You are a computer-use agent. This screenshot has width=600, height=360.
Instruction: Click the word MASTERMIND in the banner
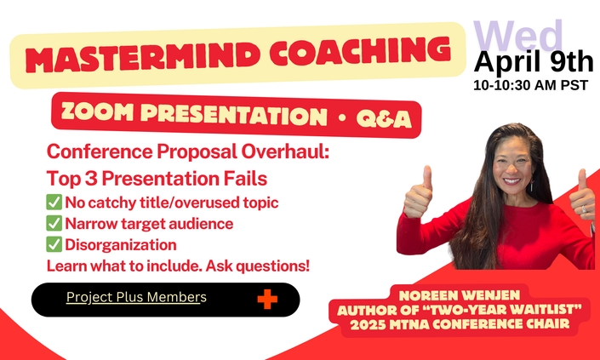point(140,56)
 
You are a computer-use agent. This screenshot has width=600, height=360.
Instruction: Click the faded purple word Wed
point(518,35)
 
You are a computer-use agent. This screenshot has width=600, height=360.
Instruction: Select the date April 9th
point(534,62)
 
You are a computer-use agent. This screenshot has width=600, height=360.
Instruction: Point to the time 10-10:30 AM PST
point(530,85)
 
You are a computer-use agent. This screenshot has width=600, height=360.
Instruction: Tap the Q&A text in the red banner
point(384,119)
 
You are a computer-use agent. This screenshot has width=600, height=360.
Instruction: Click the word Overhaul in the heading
point(285,151)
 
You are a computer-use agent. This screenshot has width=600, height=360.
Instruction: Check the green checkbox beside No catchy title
point(54,202)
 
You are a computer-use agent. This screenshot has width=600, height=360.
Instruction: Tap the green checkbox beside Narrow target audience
point(54,224)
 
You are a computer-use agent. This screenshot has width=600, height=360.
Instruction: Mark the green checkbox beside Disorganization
point(54,244)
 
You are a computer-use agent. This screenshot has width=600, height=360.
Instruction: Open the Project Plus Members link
point(136,297)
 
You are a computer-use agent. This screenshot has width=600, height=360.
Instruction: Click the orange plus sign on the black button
point(267,299)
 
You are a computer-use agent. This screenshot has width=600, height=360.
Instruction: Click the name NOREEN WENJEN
point(460,295)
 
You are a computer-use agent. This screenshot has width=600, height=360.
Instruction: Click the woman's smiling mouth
point(511,181)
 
